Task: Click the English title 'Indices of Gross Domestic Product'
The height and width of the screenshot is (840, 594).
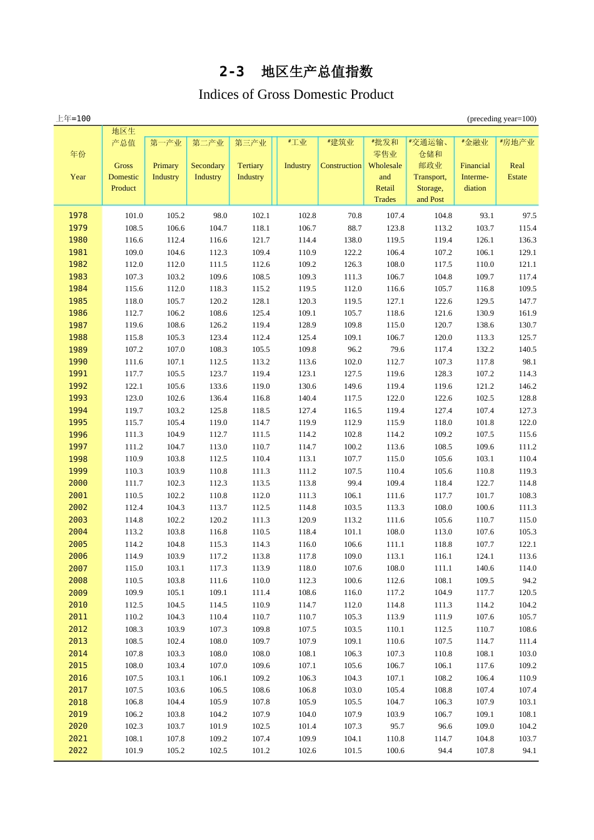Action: [x=296, y=94]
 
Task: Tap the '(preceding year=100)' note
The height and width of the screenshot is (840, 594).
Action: [x=501, y=119]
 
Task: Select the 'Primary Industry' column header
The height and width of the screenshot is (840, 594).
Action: [x=166, y=171]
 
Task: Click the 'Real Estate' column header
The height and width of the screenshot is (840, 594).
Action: [x=517, y=171]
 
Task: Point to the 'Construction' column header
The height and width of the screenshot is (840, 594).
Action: [x=341, y=166]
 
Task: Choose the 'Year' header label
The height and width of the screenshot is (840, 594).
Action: [x=78, y=177]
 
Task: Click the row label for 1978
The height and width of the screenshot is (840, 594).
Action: [x=78, y=216]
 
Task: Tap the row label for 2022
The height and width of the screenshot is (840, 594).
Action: [x=78, y=751]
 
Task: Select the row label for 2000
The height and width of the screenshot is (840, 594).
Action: [x=78, y=483]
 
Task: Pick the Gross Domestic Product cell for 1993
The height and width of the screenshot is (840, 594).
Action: [x=134, y=398]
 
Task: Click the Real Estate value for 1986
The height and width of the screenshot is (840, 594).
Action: [x=527, y=313]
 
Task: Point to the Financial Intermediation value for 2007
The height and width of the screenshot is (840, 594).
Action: [x=485, y=568]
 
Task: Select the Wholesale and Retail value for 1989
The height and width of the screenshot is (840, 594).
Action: [x=397, y=349]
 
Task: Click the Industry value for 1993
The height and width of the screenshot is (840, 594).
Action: [x=307, y=398]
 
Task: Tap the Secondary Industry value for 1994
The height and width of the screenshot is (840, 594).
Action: [x=218, y=411]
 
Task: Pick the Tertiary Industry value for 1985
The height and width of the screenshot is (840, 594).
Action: [x=261, y=301]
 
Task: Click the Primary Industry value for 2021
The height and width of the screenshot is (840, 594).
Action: [x=176, y=739]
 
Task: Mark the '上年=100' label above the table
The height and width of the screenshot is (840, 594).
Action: [x=74, y=119]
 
